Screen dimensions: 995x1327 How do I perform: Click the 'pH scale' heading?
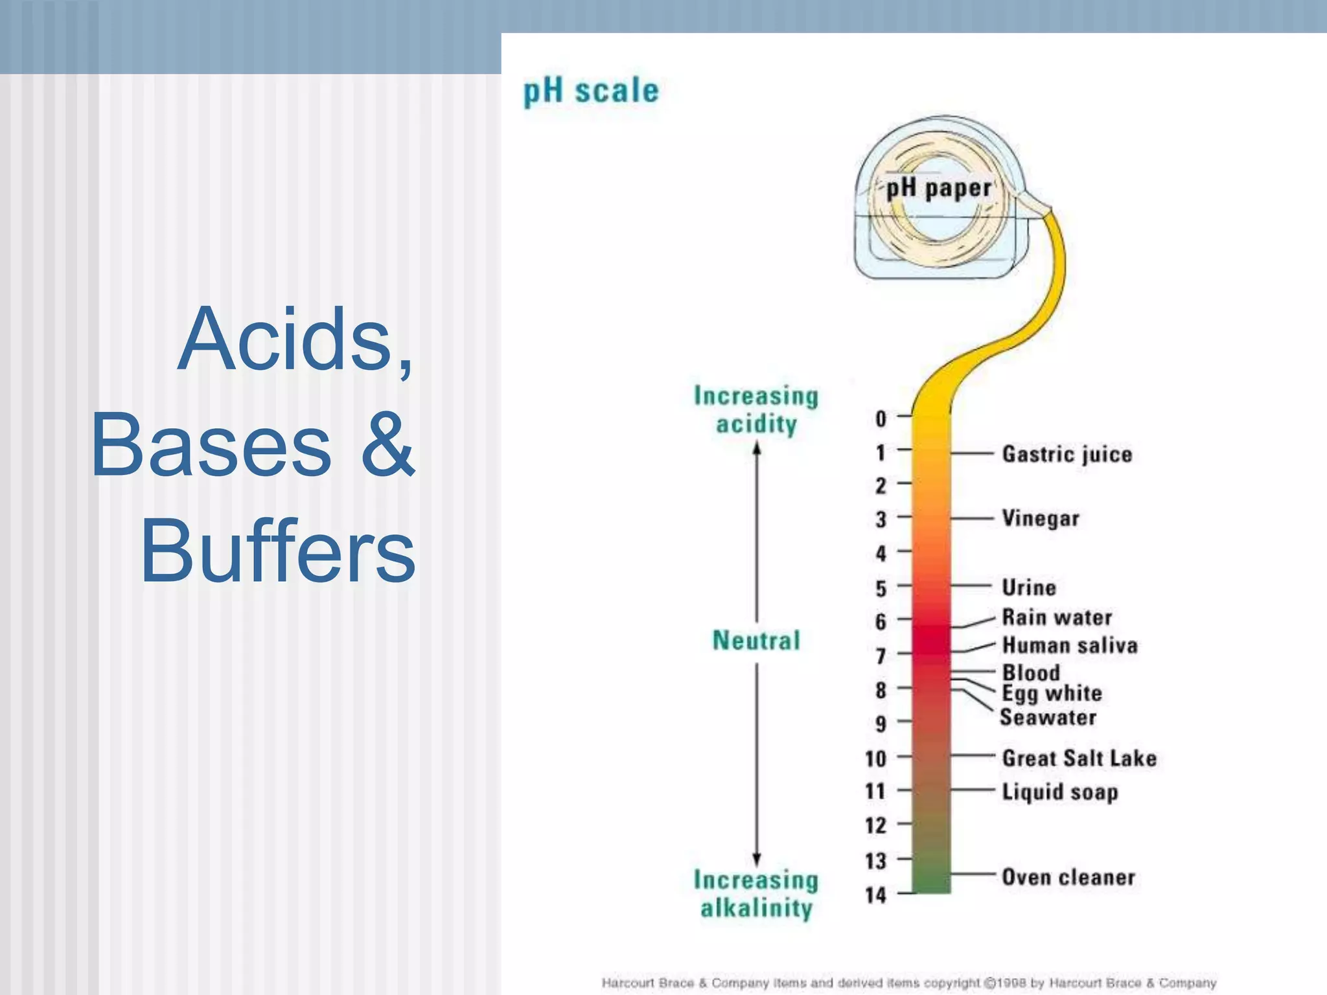(x=591, y=91)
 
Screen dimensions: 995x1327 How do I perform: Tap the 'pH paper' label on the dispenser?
(x=938, y=189)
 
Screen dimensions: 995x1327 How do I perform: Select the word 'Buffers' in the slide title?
(x=278, y=551)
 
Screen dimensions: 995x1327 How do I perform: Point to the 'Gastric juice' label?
(x=1067, y=454)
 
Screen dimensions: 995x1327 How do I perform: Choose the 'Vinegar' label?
(x=1041, y=518)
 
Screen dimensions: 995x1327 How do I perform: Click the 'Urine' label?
(x=1029, y=588)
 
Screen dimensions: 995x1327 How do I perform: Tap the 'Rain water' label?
(x=1057, y=617)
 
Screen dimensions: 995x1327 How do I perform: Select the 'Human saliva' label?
(x=1070, y=645)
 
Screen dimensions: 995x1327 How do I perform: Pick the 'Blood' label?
(x=1031, y=672)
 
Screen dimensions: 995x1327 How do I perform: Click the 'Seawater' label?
(x=1048, y=718)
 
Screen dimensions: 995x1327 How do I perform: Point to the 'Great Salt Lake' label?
(x=1079, y=758)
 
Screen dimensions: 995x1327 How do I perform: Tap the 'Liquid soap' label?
(x=1060, y=792)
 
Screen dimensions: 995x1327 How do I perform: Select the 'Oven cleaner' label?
(x=1068, y=877)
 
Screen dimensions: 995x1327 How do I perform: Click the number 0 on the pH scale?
(x=881, y=419)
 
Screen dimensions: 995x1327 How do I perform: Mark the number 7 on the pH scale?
(x=881, y=656)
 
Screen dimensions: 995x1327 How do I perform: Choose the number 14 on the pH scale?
(x=875, y=895)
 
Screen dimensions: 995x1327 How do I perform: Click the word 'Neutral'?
(x=756, y=641)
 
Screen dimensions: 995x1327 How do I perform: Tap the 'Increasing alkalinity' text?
(x=756, y=894)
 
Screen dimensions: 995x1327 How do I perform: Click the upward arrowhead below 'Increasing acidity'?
(x=757, y=448)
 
